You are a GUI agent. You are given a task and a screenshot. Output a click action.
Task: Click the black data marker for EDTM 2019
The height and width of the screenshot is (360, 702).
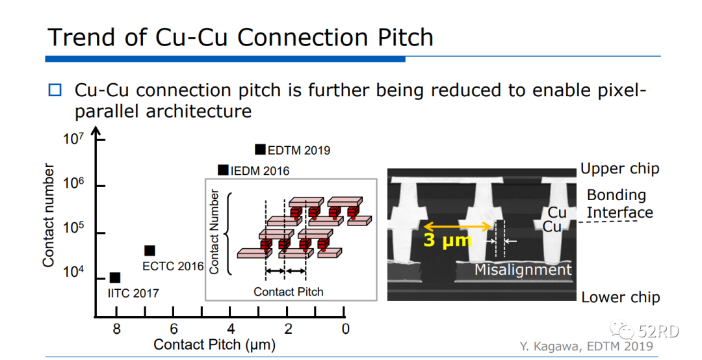260,149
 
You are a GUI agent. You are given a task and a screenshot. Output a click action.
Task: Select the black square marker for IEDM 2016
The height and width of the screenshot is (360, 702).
223,170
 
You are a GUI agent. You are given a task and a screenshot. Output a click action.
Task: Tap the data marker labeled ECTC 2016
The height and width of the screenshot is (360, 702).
149,251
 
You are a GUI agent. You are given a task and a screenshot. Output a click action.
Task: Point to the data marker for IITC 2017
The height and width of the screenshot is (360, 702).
115,278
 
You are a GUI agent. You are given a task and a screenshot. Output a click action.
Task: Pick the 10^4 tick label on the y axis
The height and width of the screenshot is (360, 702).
73,275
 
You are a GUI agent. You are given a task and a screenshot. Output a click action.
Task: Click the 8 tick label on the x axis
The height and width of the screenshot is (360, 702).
116,329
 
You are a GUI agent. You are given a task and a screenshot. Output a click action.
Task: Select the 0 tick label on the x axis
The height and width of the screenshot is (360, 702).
346,329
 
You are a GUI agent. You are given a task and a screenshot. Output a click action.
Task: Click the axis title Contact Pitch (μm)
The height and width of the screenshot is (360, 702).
214,344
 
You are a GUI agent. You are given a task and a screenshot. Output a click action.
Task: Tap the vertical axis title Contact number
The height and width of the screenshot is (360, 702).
48,214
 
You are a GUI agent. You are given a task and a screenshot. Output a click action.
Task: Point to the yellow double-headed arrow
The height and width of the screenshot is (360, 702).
458,226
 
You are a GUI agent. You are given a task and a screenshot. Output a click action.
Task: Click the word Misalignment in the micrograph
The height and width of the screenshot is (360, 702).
523,270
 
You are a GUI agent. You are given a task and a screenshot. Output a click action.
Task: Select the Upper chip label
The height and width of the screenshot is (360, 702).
619,169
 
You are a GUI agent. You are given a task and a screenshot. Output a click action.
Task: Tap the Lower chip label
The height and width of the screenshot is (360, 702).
620,298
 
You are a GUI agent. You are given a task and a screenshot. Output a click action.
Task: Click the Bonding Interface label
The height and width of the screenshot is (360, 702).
619,203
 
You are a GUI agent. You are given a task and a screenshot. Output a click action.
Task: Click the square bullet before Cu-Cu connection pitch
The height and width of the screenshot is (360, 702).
55,90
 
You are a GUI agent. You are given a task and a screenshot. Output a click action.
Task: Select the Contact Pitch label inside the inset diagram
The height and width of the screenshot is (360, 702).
289,291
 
